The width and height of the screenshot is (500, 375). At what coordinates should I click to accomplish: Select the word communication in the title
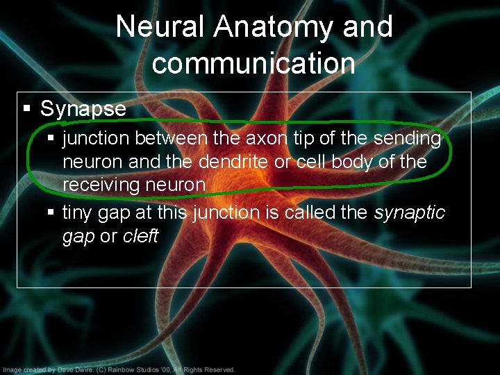click(253, 62)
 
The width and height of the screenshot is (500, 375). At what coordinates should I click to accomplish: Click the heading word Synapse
click(83, 109)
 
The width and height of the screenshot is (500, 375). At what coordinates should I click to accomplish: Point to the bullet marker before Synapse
click(27, 109)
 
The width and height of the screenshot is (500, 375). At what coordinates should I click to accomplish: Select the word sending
click(407, 139)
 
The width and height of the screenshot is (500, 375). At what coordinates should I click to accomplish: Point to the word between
click(171, 139)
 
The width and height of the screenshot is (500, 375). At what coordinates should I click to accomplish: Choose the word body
click(375, 162)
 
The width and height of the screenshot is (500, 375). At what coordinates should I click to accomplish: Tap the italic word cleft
click(141, 236)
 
